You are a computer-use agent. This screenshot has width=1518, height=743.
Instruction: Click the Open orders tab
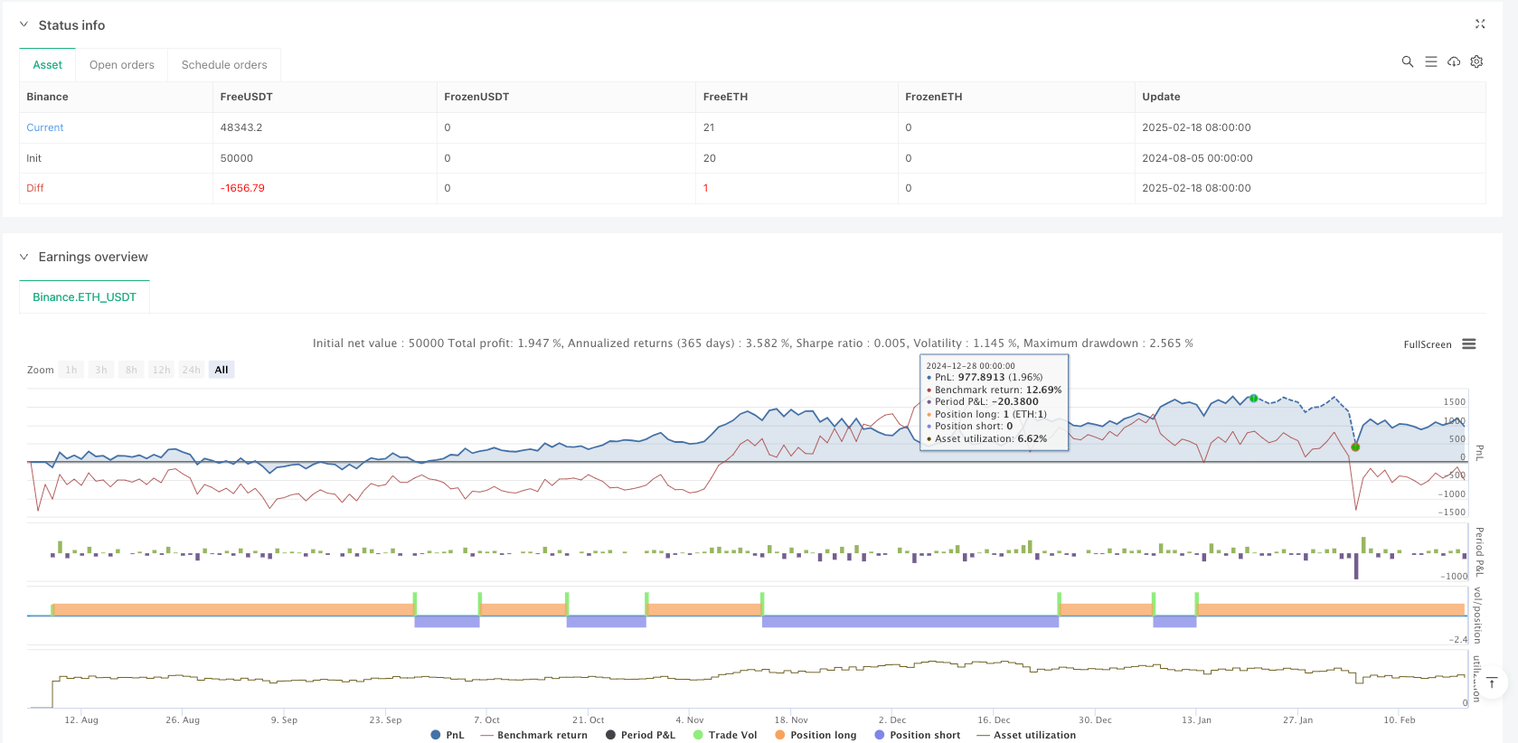coord(121,65)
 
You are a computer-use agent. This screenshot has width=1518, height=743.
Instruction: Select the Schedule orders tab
coord(224,65)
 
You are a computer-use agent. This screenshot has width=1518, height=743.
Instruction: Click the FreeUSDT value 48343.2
coord(241,127)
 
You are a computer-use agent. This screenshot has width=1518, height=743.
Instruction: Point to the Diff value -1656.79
coord(242,188)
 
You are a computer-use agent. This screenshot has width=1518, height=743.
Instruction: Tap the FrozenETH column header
coord(933,97)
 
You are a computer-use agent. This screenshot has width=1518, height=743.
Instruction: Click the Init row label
coord(34,158)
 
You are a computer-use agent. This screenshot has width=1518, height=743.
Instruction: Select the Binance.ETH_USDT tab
coord(84,297)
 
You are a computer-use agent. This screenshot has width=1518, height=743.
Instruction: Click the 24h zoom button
coord(191,370)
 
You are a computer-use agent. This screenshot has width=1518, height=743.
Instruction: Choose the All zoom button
coord(222,370)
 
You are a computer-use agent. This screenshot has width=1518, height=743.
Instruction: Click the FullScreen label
coord(1427,344)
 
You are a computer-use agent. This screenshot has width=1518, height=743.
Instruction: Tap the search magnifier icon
coord(1407,61)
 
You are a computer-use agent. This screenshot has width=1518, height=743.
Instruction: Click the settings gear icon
coord(1476,61)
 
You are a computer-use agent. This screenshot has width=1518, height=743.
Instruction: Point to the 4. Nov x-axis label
coord(690,720)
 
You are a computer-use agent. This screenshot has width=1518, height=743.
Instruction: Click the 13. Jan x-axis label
coord(1196,720)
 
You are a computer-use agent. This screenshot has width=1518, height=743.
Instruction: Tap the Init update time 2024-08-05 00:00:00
coord(1197,158)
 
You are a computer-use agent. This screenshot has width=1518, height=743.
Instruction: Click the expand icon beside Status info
coord(1480,24)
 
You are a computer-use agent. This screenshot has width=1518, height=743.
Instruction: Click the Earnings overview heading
coord(93,257)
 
